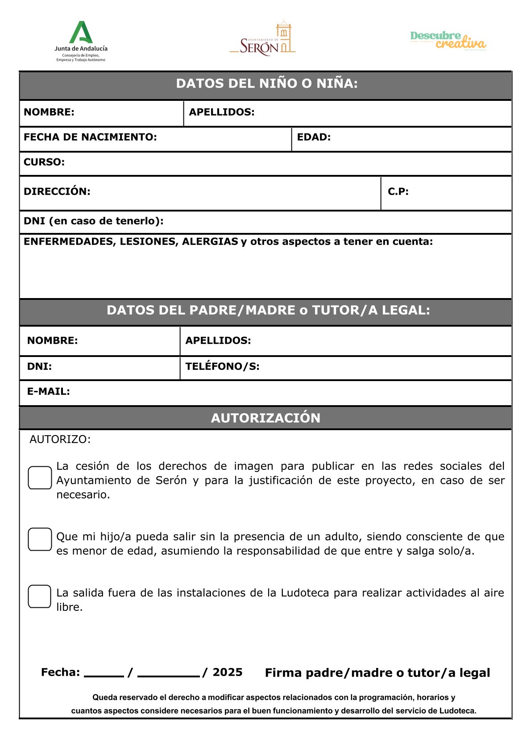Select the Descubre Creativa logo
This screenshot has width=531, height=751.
pyautogui.click(x=448, y=40)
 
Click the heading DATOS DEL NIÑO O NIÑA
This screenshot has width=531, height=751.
pyautogui.click(x=267, y=83)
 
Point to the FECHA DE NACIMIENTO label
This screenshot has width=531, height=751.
pyautogui.click(x=90, y=137)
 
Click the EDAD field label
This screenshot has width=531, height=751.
pyautogui.click(x=314, y=137)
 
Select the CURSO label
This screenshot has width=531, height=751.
pyautogui.click(x=44, y=162)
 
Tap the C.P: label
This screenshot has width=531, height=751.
pyautogui.click(x=398, y=191)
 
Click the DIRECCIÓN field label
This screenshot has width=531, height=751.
pyautogui.click(x=57, y=191)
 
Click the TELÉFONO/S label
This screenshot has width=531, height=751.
pyautogui.click(x=222, y=366)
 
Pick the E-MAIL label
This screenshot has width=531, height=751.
pyautogui.click(x=49, y=391)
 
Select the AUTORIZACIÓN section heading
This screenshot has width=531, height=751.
pyautogui.click(x=265, y=418)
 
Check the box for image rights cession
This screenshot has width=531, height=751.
pyautogui.click(x=40, y=477)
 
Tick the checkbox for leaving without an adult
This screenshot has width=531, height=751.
pyautogui.click(x=40, y=539)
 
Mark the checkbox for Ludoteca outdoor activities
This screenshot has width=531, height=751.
pyautogui.click(x=40, y=596)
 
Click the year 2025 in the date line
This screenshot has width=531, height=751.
pyautogui.click(x=228, y=672)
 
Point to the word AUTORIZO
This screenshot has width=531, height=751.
pyautogui.click(x=60, y=439)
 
